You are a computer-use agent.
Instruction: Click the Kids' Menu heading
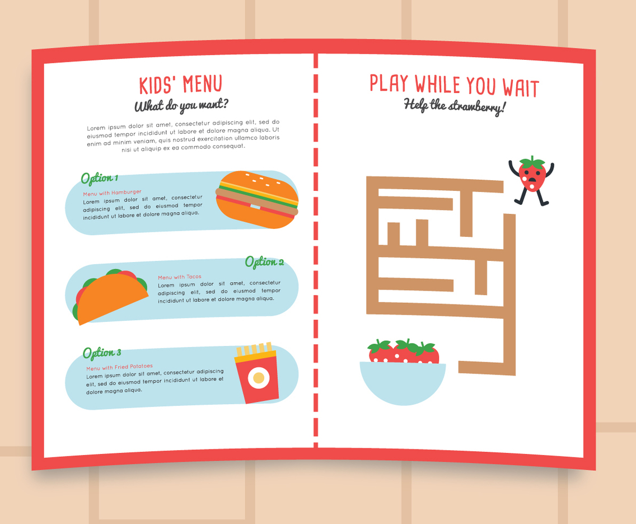click(x=180, y=85)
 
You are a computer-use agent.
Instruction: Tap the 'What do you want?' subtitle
click(x=181, y=105)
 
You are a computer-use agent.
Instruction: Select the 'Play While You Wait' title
click(x=454, y=86)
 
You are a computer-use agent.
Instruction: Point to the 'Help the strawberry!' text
click(x=454, y=106)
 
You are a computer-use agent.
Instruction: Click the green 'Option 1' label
click(x=99, y=179)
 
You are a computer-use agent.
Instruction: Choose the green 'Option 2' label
click(x=264, y=262)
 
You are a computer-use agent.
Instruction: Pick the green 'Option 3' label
click(x=101, y=353)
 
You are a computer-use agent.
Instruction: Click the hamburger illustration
click(x=257, y=200)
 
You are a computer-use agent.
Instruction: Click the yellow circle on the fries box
click(x=258, y=378)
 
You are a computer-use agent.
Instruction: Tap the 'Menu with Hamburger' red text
click(x=112, y=193)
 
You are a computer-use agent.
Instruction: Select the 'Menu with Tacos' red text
click(x=179, y=277)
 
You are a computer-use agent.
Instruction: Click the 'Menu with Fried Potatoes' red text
click(x=119, y=367)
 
